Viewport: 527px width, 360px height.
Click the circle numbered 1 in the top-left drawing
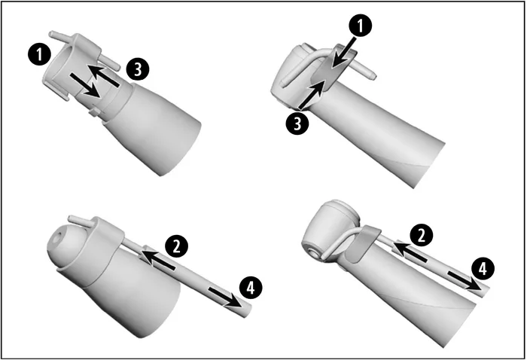(x=39, y=54)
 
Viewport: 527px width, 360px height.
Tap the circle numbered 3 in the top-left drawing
(x=138, y=69)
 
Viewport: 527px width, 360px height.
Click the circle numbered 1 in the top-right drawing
(x=361, y=26)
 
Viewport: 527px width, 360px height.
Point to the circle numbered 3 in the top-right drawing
(x=297, y=123)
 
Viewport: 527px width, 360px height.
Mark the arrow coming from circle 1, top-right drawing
(x=343, y=53)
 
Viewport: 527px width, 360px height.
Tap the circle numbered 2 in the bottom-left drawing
(x=176, y=246)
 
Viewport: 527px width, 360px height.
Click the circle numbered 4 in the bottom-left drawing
(x=251, y=288)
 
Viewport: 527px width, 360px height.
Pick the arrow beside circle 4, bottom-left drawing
(x=225, y=297)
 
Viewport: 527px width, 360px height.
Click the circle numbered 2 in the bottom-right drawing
(x=421, y=235)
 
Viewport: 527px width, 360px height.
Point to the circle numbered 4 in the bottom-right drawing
(x=483, y=268)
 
